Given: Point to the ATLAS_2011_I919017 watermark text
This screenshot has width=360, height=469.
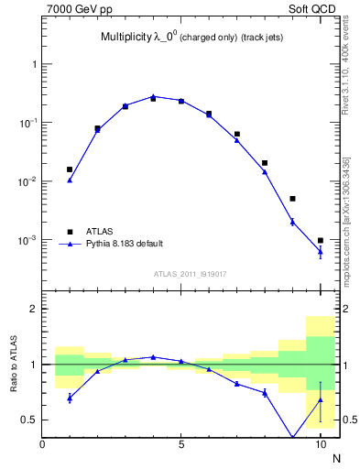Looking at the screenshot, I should point(183,273).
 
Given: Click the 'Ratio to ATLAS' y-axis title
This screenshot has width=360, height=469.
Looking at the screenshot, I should point(13,364).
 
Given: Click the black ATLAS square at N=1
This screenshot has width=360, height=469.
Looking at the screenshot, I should point(70,169).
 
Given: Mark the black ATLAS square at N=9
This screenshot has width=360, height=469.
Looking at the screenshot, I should point(292,199).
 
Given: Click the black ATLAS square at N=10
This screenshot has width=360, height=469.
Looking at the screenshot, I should point(321,240).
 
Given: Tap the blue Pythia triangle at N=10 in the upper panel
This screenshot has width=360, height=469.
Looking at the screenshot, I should point(321,251).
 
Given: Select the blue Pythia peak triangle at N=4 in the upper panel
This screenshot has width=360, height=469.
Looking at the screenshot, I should point(153,95).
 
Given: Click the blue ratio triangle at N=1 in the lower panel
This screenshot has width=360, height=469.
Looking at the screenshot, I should point(70,398).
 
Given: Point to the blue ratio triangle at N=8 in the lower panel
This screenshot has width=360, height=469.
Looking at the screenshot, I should point(265,392).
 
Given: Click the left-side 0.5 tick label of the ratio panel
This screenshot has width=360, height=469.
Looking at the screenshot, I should point(29,420).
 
